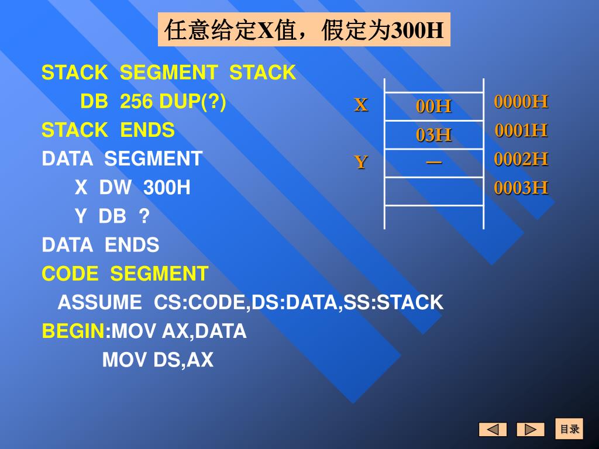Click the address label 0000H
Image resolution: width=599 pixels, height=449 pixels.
point(521,102)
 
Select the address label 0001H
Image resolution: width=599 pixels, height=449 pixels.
point(521,130)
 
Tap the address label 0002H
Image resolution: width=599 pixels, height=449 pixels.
point(521,159)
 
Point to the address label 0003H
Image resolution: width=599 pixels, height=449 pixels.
point(521,188)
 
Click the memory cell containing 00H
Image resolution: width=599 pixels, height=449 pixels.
point(434,106)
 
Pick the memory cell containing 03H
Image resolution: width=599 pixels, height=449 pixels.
point(434,135)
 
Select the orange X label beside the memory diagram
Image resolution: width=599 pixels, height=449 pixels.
point(361,105)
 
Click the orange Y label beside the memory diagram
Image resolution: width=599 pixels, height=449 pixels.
point(361,162)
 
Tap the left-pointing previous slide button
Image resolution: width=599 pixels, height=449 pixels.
point(493,430)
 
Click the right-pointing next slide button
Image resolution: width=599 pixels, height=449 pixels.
point(530,430)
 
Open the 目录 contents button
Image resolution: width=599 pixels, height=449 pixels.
point(569,429)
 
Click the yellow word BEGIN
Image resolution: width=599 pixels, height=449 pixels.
point(73,331)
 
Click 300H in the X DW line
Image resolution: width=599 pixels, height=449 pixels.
point(167,188)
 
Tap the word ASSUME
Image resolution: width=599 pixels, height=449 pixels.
point(99,303)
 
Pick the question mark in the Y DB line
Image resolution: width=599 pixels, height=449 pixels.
point(144,217)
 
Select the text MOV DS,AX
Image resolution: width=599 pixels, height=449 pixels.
point(158,360)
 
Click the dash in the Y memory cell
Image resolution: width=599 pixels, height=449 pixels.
point(434,161)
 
